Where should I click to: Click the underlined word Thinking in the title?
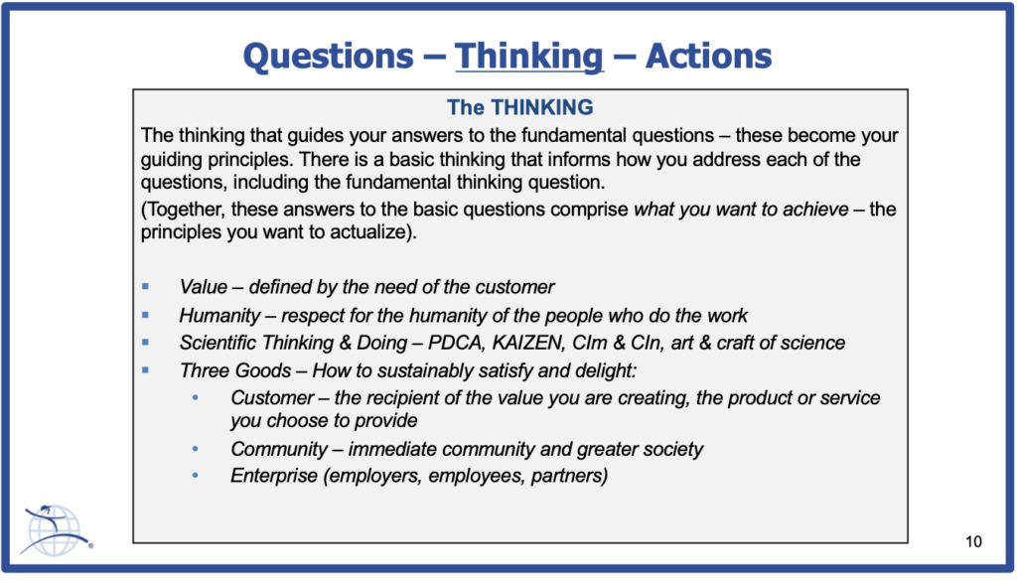529,57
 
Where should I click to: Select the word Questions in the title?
328,56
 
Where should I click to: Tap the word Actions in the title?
708,56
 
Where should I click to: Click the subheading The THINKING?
520,107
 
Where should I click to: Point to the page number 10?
973,541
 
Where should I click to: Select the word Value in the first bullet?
204,287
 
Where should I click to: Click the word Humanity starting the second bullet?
219,315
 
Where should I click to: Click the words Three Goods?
235,370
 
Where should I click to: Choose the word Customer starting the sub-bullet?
272,397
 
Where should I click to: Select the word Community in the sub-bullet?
279,449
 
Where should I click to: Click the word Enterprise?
274,476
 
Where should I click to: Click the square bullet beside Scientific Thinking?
145,343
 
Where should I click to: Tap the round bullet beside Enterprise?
196,476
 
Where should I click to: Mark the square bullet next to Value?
145,286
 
